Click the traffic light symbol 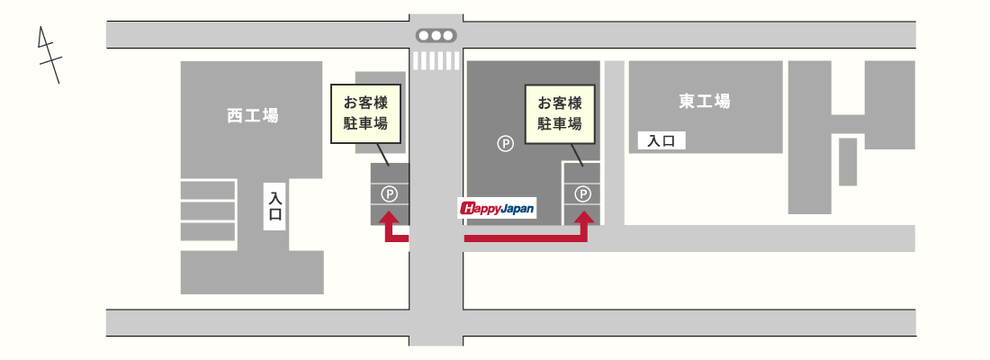[x=436, y=35]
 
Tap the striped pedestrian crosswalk [x=436, y=60]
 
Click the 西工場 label [x=253, y=115]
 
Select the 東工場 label [x=705, y=101]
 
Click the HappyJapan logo [x=497, y=208]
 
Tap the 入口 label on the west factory [x=274, y=206]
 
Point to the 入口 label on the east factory [x=661, y=140]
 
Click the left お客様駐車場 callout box [x=365, y=113]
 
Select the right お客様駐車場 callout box [x=560, y=113]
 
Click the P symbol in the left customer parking [x=390, y=193]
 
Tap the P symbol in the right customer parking [x=584, y=193]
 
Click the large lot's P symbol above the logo [x=505, y=144]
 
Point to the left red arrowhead [x=390, y=219]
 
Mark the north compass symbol [x=49, y=55]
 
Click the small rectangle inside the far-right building [x=848, y=162]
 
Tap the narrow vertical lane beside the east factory [x=615, y=143]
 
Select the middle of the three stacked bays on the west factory [x=208, y=211]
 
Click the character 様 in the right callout [x=574, y=103]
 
